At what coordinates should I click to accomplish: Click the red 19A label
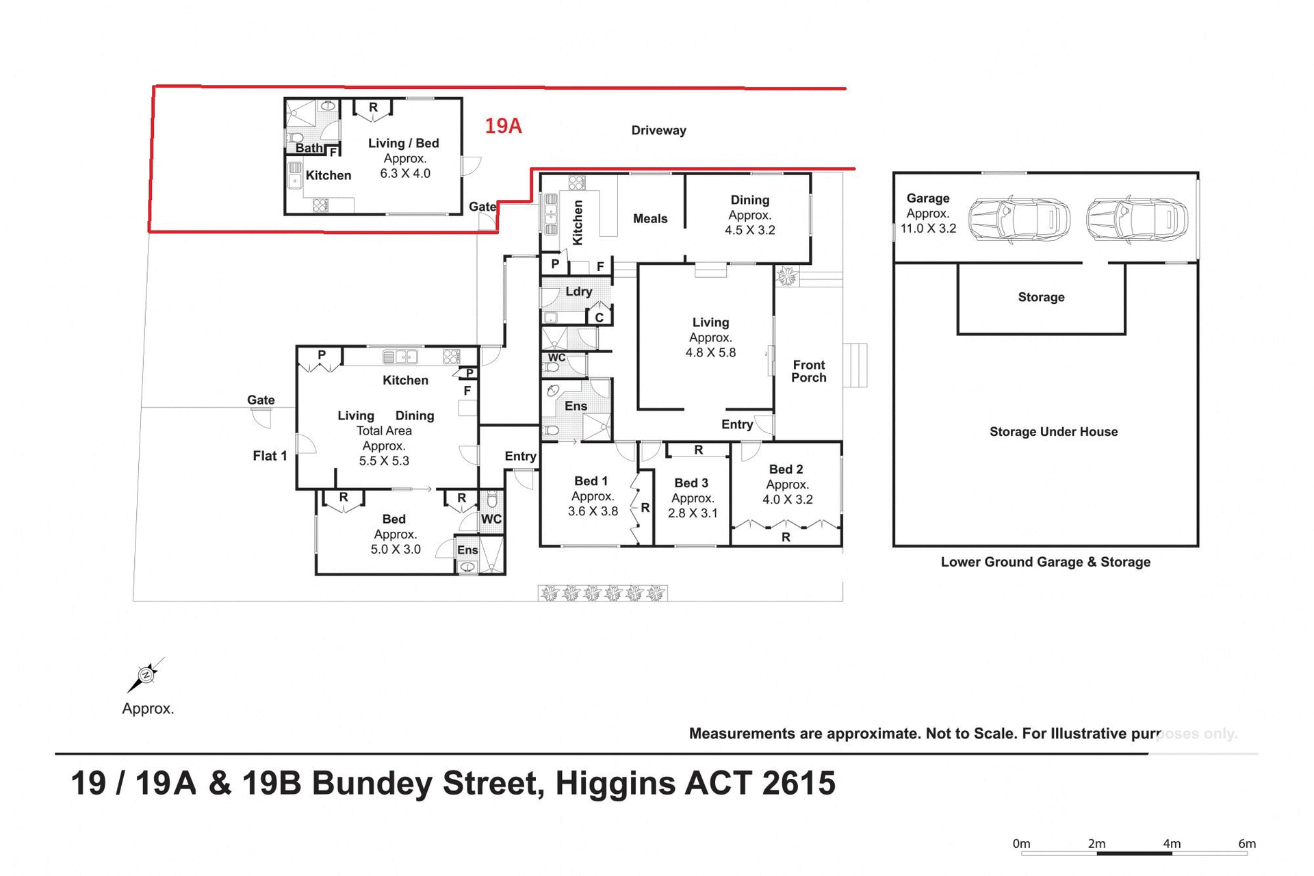click(x=503, y=126)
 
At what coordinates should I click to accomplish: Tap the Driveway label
click(x=658, y=130)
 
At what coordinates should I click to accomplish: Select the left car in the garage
click(x=1018, y=219)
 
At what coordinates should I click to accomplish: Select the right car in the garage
click(x=1137, y=219)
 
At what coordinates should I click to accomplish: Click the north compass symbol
click(x=146, y=675)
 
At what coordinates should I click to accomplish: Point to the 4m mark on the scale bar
click(x=1172, y=844)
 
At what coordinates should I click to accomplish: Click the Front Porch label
click(x=808, y=371)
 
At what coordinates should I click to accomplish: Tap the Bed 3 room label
click(x=691, y=483)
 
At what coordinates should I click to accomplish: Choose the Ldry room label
click(x=578, y=292)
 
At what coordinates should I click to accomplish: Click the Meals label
click(x=649, y=219)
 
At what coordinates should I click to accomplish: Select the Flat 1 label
click(x=270, y=456)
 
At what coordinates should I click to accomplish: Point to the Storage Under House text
click(x=1053, y=432)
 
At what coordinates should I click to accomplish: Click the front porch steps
click(x=855, y=365)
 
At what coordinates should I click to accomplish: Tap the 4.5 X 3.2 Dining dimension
click(x=749, y=230)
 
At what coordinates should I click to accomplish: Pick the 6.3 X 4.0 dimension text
click(x=405, y=174)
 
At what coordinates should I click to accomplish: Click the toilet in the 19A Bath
click(x=294, y=138)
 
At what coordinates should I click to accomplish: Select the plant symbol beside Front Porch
click(x=786, y=276)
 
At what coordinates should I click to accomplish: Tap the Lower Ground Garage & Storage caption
click(x=1045, y=562)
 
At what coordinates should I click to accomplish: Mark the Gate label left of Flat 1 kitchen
click(x=261, y=400)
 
